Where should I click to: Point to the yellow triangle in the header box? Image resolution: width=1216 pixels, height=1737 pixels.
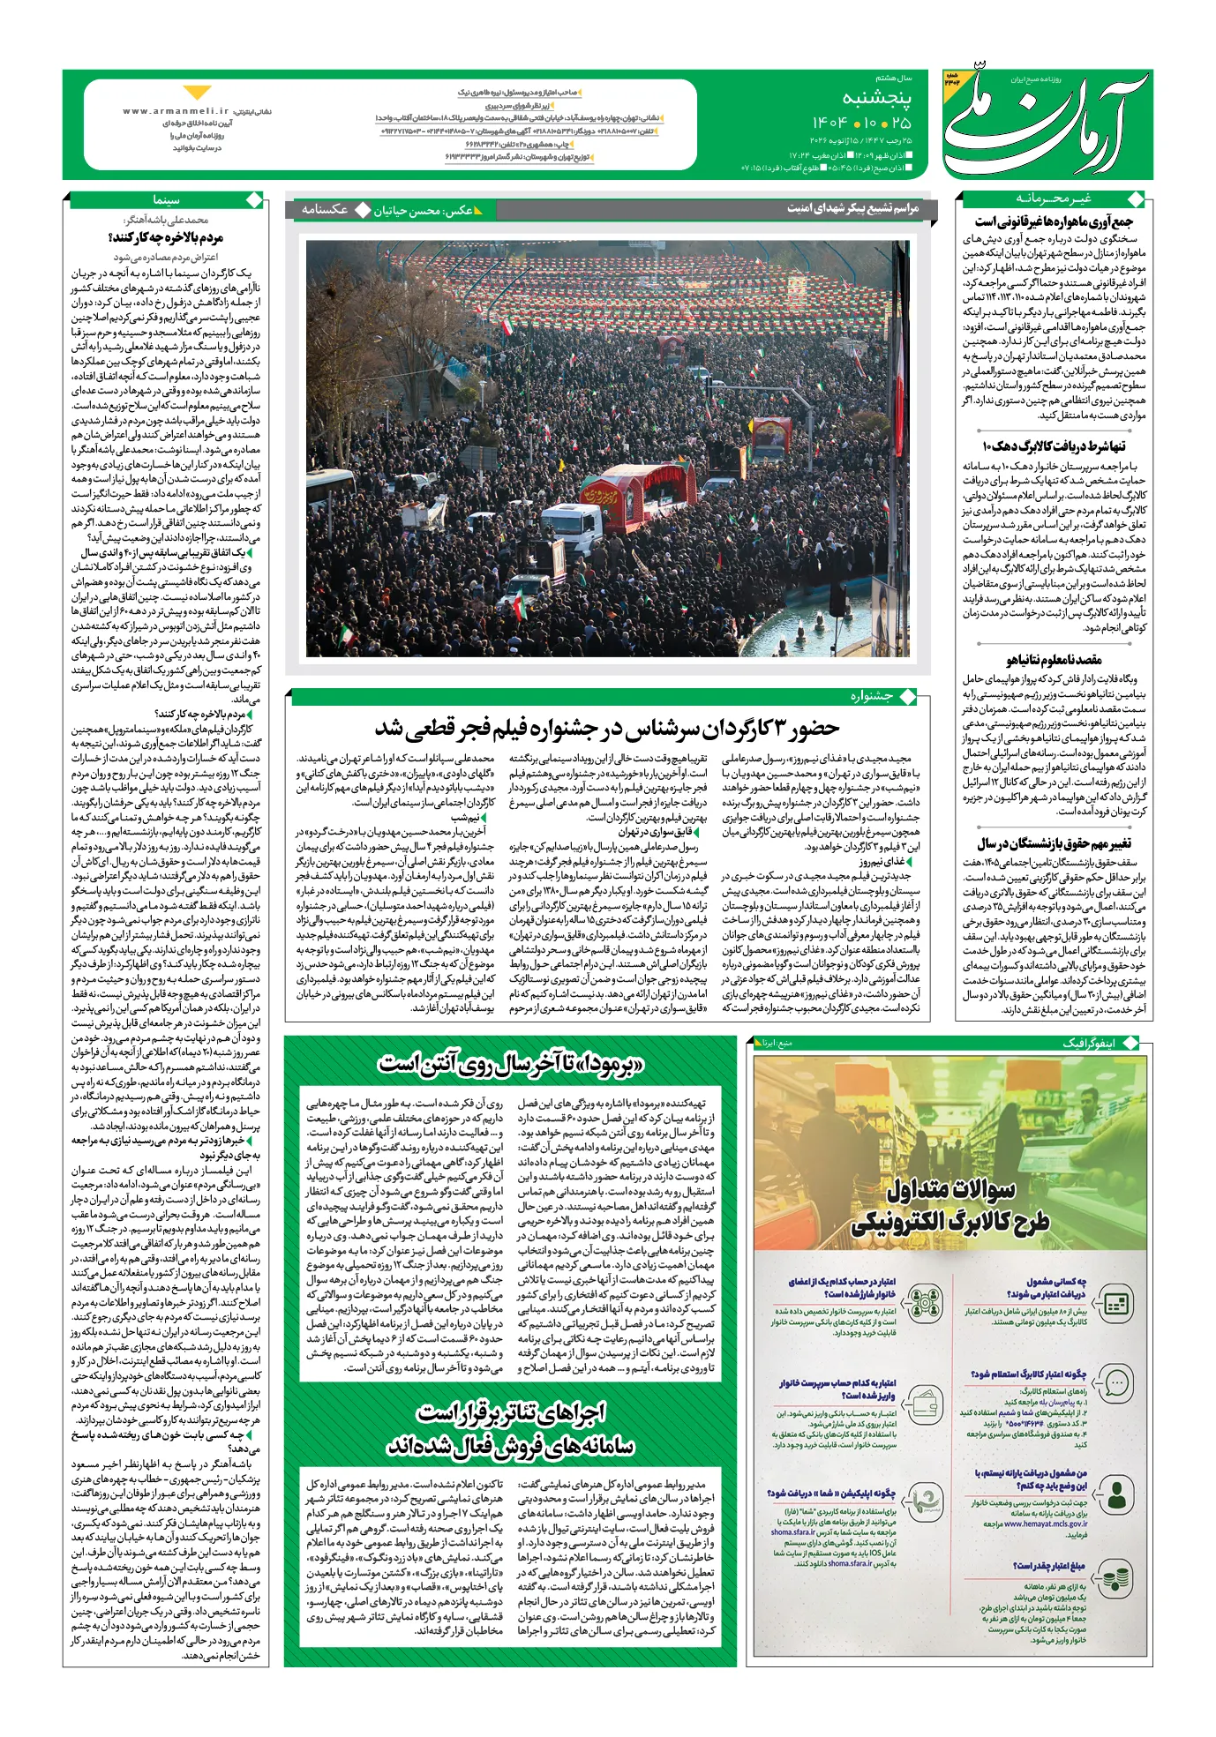(x=199, y=93)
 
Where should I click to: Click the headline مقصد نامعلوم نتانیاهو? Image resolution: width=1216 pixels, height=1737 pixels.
(x=1054, y=659)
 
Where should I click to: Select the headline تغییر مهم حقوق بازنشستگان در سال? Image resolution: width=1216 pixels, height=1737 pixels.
(x=1054, y=843)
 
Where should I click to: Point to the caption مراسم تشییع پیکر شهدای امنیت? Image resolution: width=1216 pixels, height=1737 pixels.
(x=852, y=209)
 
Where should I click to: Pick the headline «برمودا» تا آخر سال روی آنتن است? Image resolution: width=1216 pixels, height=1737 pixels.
(x=511, y=1062)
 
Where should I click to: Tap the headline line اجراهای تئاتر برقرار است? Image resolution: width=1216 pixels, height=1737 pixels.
(x=511, y=1413)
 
